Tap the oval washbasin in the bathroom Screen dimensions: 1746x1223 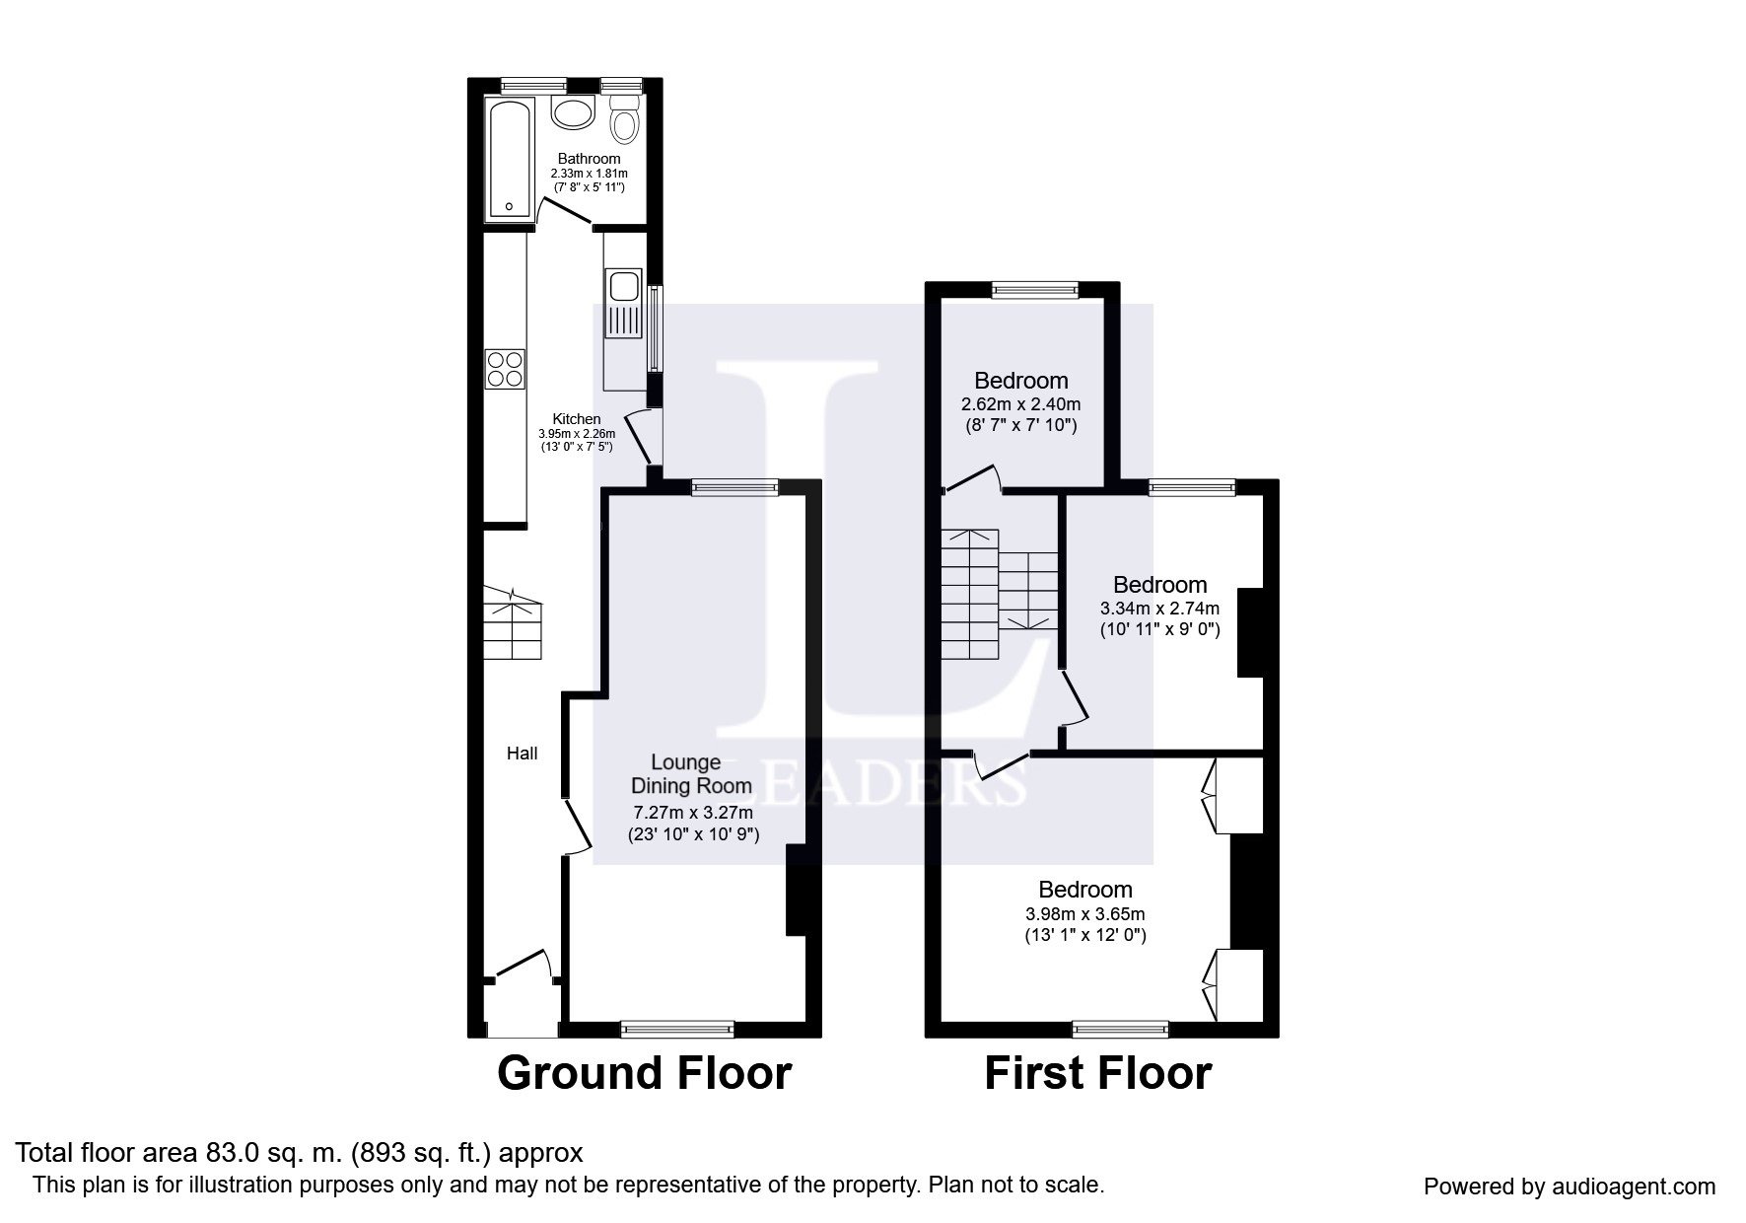[573, 112]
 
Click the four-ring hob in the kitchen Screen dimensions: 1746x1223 [505, 370]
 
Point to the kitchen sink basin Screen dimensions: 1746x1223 [624, 286]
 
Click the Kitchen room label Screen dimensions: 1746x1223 [577, 419]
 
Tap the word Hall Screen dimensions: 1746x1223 [522, 754]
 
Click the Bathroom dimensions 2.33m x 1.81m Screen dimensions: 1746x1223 [590, 173]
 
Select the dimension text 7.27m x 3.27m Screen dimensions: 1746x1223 [693, 813]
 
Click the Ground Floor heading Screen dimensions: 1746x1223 [644, 1073]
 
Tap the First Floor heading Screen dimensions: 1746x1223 [1097, 1073]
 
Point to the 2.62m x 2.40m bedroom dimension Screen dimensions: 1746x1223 [1020, 404]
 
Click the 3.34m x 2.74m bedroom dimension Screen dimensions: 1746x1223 [1159, 608]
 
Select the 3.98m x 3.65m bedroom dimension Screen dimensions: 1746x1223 [1084, 913]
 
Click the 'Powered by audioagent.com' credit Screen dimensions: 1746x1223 [1570, 1187]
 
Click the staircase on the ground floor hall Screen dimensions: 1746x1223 [513, 623]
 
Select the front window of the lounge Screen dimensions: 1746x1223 [678, 1030]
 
